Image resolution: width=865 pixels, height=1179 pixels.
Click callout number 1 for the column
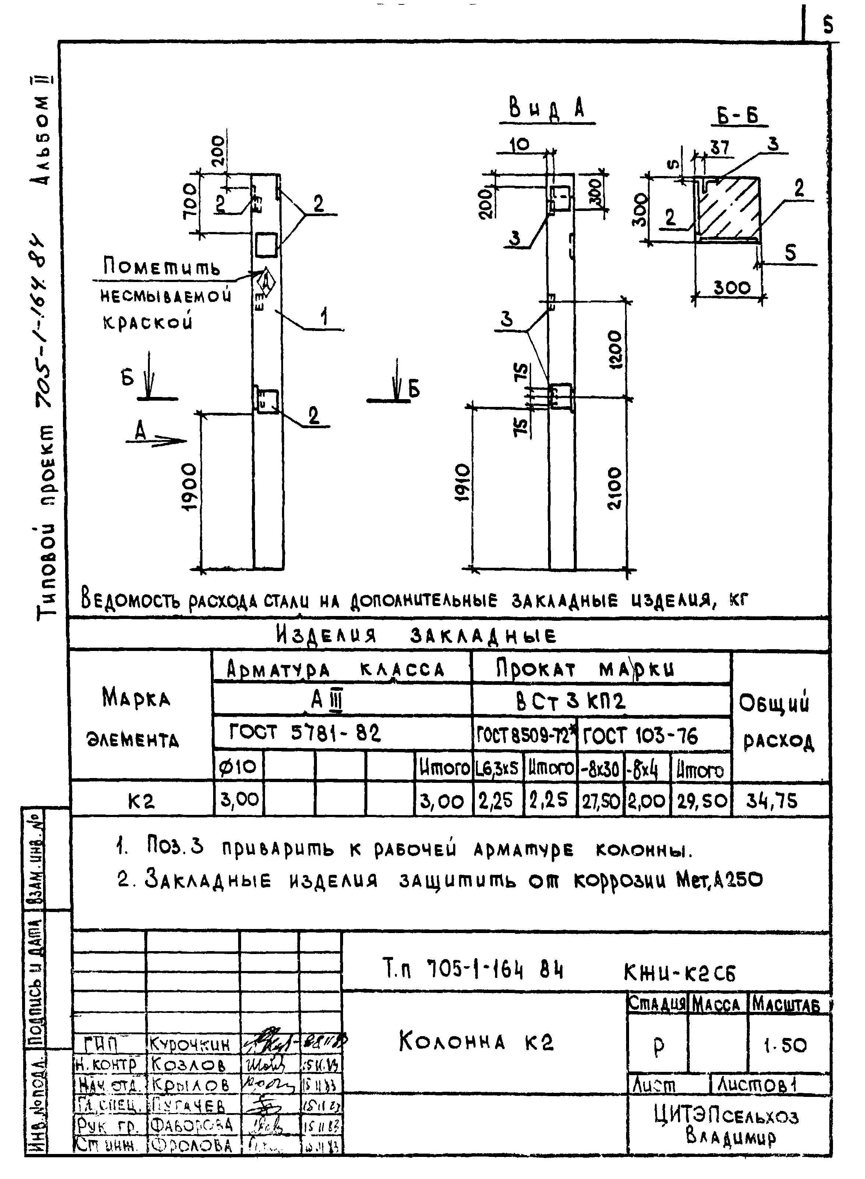click(325, 317)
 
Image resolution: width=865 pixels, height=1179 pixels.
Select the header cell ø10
click(238, 767)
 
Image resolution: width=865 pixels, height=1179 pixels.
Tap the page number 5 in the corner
click(827, 25)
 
